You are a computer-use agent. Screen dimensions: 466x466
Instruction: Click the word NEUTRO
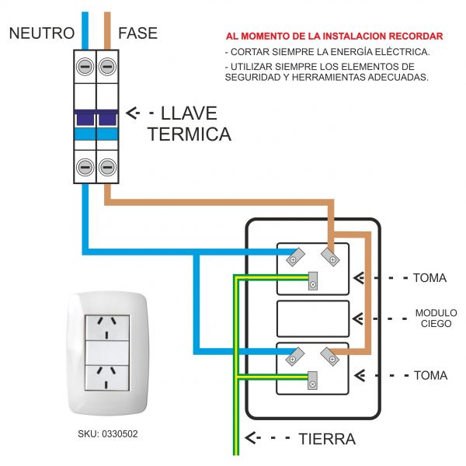pos(42,33)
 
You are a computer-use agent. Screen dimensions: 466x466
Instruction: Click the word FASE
pos(137,33)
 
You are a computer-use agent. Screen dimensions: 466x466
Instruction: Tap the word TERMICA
pos(189,134)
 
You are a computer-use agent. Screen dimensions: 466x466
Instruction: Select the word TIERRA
pos(327,440)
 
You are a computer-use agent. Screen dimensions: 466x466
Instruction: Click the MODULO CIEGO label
pos(436,318)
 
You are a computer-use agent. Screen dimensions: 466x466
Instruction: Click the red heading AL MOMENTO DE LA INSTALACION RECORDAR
pos(334,37)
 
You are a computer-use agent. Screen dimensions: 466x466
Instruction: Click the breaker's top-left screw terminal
pos(84,65)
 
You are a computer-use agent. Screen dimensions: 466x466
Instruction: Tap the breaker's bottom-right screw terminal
pos(107,166)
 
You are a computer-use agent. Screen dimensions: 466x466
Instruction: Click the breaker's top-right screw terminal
pos(107,65)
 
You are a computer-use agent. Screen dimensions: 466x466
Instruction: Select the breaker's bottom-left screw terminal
pos(84,166)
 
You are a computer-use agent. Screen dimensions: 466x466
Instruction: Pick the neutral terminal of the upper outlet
pos(293,256)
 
